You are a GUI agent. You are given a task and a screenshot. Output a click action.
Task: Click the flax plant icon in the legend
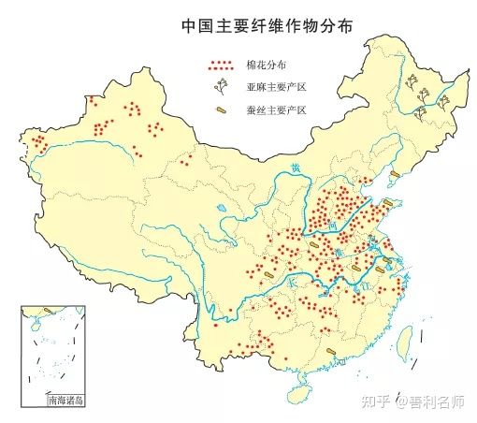222,88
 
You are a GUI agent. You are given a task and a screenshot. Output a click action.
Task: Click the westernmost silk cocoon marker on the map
268,274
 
